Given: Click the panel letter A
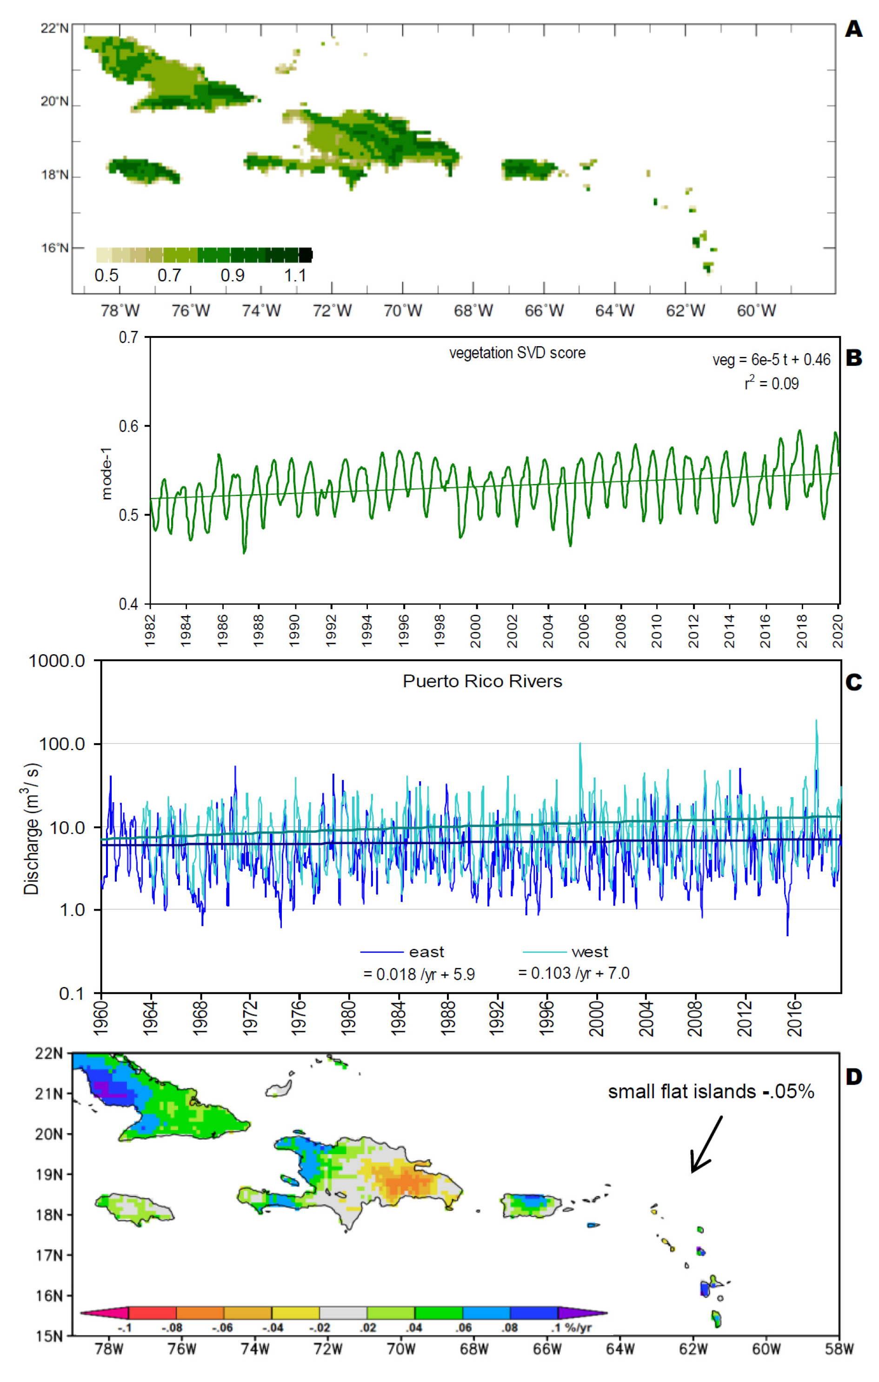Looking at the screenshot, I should click(x=853, y=29).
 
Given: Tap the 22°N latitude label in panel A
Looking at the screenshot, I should click(x=54, y=28).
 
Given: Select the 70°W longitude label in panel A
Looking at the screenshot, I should click(x=402, y=311).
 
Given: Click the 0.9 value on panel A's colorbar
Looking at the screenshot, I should click(x=233, y=275).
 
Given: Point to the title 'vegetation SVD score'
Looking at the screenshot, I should click(x=517, y=353).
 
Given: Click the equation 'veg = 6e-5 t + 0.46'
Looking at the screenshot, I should click(x=771, y=360).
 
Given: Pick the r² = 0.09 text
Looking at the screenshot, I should click(x=771, y=383).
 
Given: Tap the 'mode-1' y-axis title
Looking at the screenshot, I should click(x=106, y=474).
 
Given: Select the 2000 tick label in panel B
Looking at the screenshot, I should click(x=476, y=631).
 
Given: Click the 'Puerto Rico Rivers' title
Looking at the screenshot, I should click(x=482, y=681).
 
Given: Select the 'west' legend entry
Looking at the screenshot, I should click(x=589, y=952).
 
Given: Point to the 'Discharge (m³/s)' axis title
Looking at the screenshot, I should click(x=32, y=829).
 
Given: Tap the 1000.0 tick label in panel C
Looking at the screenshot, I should click(x=57, y=661).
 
